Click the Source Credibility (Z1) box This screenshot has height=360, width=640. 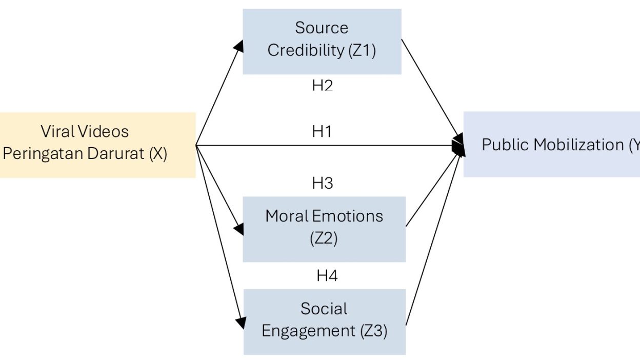pyautogui.click(x=322, y=41)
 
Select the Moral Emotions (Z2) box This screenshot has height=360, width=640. pyautogui.click(x=324, y=229)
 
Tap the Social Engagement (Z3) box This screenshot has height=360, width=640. pyautogui.click(x=324, y=322)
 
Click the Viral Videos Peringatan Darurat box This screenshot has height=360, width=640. pyautogui.click(x=97, y=145)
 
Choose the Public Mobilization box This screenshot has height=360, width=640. pyautogui.click(x=552, y=145)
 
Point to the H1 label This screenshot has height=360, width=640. pyautogui.click(x=322, y=132)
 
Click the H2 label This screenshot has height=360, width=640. pyautogui.click(x=322, y=86)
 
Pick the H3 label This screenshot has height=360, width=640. pyautogui.click(x=323, y=183)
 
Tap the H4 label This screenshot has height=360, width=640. pyautogui.click(x=327, y=276)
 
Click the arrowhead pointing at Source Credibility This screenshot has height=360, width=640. pyautogui.click(x=238, y=46)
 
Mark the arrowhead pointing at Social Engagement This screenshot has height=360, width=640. pyautogui.click(x=240, y=323)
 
